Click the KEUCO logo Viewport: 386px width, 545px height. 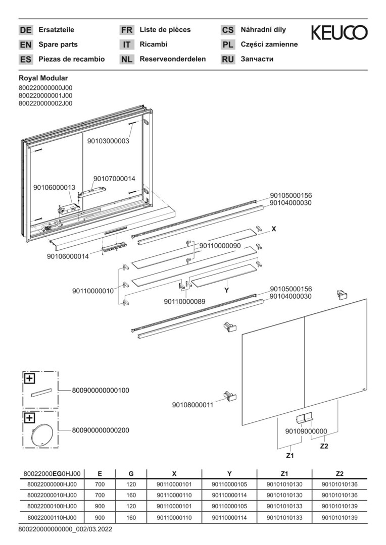coord(339,33)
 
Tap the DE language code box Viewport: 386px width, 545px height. coord(25,30)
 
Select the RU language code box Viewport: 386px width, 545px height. coord(228,60)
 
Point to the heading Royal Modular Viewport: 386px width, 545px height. coord(43,78)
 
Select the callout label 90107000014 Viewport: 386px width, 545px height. coord(114,178)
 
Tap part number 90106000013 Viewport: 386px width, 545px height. coord(54,187)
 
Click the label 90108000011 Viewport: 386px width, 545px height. coord(192,405)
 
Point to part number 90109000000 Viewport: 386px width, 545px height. coord(306,431)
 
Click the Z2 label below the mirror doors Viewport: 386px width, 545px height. coord(324,446)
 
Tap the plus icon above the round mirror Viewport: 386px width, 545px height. coord(29,418)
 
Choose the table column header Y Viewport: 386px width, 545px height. coord(229,474)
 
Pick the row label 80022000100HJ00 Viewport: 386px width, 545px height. coord(52,506)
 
